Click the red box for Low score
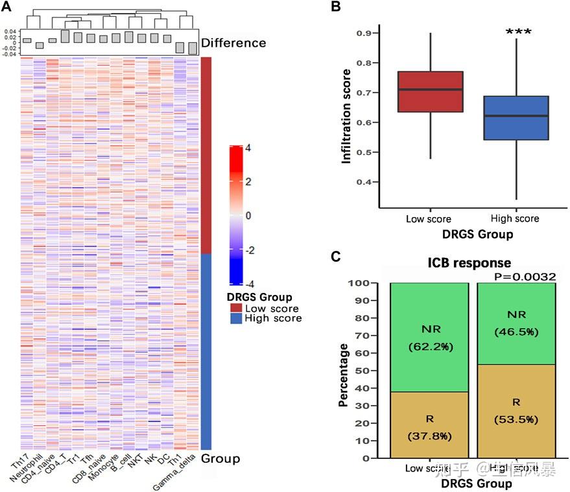click(x=430, y=91)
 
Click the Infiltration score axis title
click(x=347, y=116)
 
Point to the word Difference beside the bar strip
click(x=233, y=43)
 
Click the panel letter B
click(x=336, y=6)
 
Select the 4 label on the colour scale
click(x=248, y=148)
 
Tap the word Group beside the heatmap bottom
click(x=220, y=459)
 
